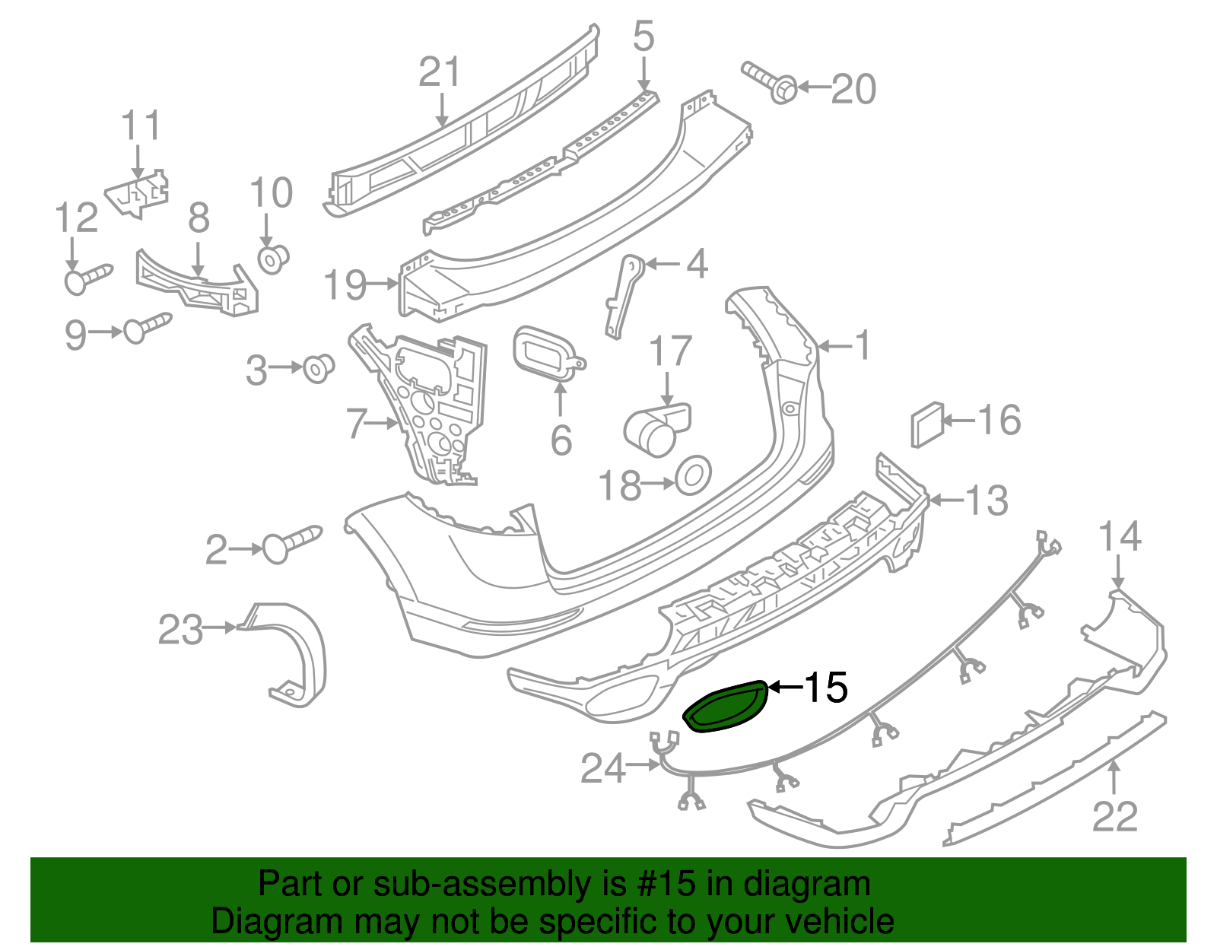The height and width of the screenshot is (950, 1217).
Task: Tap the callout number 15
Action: point(825,688)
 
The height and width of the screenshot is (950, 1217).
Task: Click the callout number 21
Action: point(440,73)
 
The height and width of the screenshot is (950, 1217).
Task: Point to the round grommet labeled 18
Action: point(693,475)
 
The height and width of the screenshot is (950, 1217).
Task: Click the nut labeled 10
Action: point(272,259)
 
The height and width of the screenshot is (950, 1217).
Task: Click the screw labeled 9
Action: point(148,327)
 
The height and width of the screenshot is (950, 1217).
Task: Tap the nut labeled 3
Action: point(318,368)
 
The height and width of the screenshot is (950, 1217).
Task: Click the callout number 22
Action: point(1114,817)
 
